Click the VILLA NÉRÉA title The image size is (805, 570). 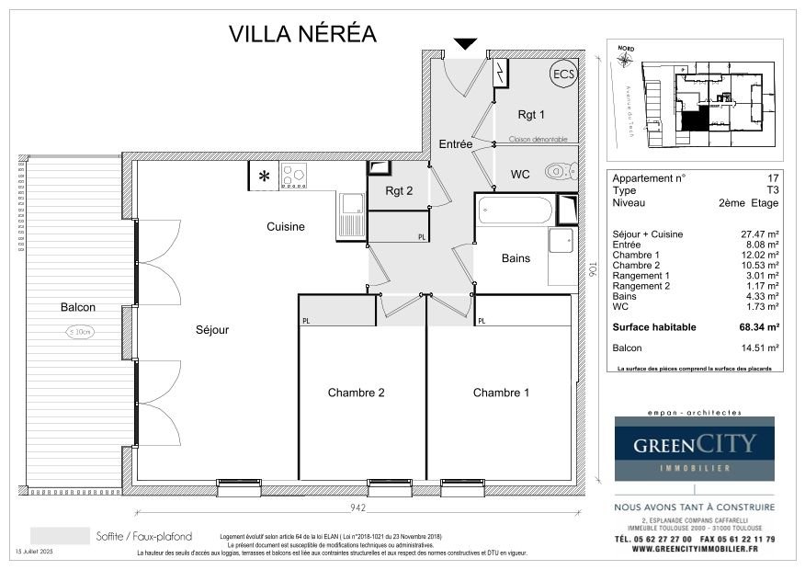tap(302, 34)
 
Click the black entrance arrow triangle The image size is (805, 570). tap(466, 43)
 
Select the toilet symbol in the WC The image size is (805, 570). tap(560, 171)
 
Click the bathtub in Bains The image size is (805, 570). tap(516, 211)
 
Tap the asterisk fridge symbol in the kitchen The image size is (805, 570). tap(265, 176)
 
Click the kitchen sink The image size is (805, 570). tap(351, 215)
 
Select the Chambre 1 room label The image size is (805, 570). tap(501, 393)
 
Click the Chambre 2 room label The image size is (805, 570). tap(357, 393)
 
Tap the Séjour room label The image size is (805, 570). tap(211, 329)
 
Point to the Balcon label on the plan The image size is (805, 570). tap(78, 307)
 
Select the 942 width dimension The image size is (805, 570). tap(357, 507)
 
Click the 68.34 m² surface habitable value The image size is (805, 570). tap(761, 326)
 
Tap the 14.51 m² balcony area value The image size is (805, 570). tap(761, 348)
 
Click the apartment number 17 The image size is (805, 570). tap(772, 177)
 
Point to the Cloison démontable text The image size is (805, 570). tap(539, 140)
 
